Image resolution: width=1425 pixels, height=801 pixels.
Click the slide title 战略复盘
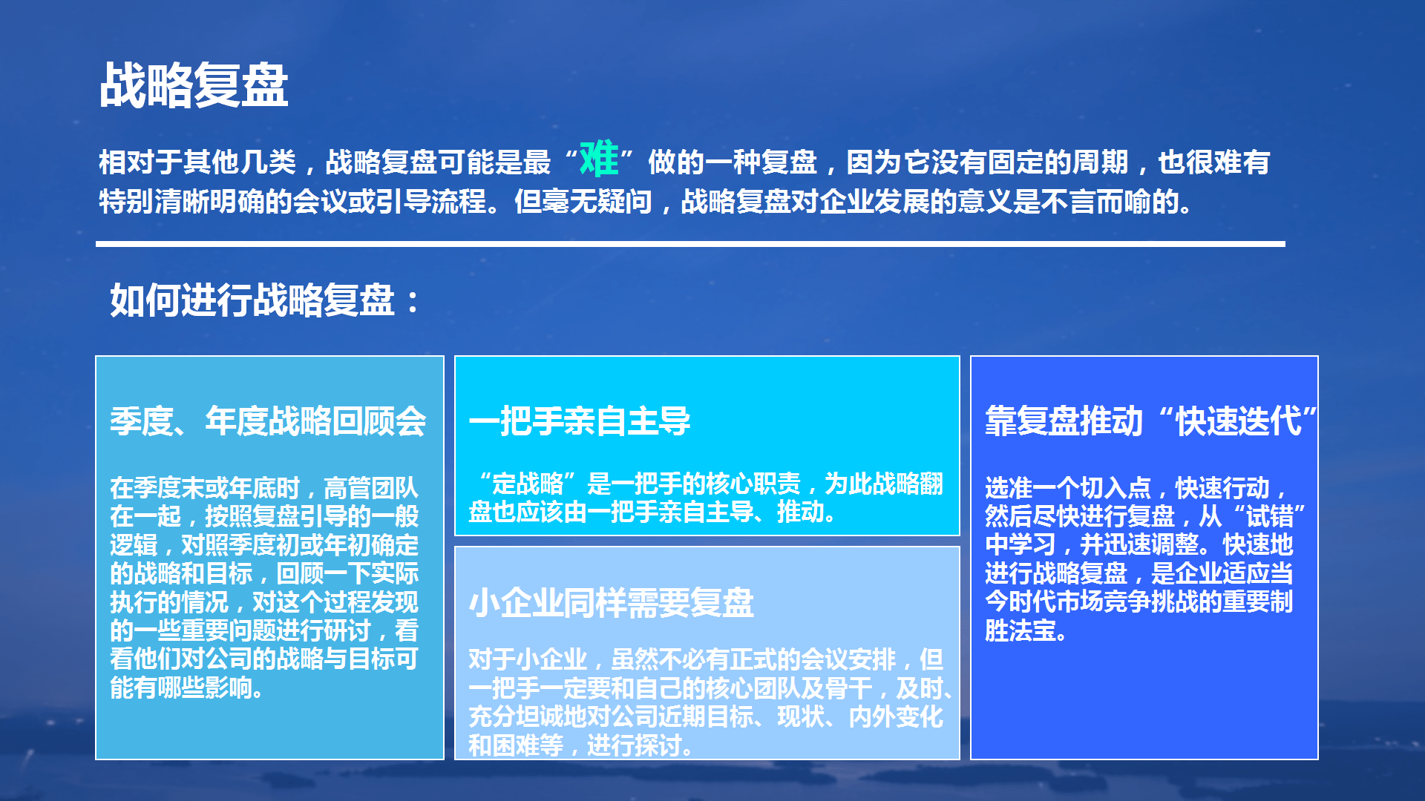(194, 85)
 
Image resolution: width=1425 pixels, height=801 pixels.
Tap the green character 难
(599, 159)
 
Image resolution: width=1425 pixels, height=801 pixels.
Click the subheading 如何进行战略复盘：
(265, 300)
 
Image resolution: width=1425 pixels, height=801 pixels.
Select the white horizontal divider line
(690, 243)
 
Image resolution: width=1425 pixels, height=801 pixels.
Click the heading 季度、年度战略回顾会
(268, 421)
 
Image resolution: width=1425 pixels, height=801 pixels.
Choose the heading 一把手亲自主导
(580, 421)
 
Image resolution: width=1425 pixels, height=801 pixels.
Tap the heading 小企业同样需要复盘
(612, 602)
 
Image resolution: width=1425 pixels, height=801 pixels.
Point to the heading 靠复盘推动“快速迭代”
(1151, 421)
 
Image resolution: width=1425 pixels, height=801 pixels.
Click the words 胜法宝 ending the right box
(1021, 630)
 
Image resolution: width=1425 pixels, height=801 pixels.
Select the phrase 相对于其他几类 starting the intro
(197, 162)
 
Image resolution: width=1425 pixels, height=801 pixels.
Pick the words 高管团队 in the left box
(371, 487)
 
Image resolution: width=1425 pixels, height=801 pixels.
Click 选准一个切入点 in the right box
(1068, 487)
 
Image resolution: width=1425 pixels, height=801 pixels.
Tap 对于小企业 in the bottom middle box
(528, 659)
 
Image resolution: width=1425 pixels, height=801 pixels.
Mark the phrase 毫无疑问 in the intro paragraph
(597, 201)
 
